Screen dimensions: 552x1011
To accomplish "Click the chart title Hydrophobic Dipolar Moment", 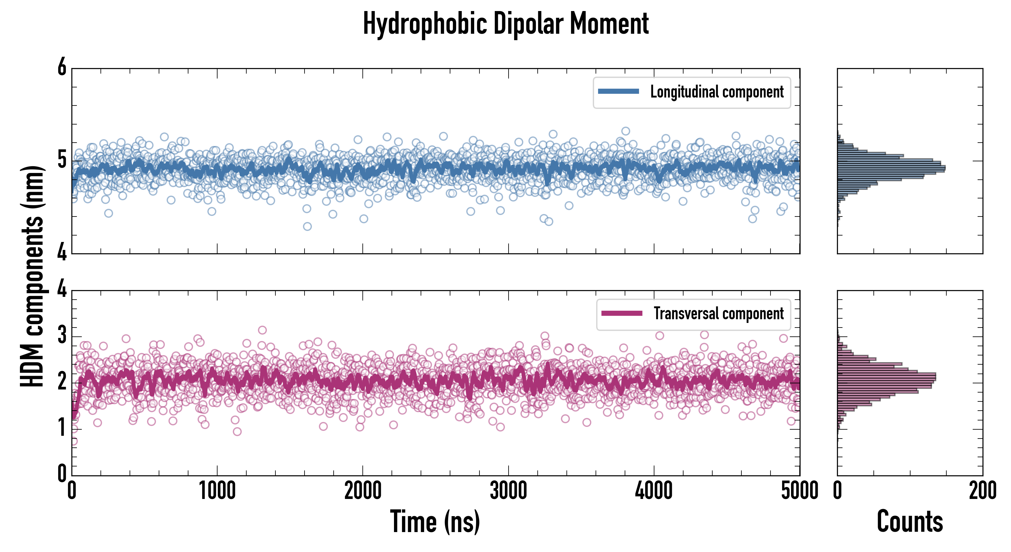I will [x=505, y=24].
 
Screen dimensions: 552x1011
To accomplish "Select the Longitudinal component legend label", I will [x=717, y=92].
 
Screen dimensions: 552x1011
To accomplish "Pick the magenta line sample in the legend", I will [x=621, y=313].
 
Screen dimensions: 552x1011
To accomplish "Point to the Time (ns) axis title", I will [x=435, y=521].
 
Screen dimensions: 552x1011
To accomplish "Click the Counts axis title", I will [x=910, y=521].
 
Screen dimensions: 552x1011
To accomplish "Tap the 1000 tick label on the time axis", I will [x=217, y=491].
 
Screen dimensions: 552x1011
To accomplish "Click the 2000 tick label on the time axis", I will [x=363, y=491].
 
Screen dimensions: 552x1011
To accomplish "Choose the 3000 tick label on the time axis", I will [x=508, y=491].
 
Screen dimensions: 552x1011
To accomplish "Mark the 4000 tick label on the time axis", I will [x=654, y=491].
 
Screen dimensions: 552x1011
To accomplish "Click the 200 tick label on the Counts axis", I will [x=982, y=491].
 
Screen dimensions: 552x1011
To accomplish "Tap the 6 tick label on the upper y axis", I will [x=62, y=67].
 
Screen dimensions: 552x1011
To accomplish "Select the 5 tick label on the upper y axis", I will [x=62, y=160].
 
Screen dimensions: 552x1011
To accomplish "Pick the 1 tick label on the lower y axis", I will [x=62, y=428].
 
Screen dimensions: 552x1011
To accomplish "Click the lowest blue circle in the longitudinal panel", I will [x=307, y=226].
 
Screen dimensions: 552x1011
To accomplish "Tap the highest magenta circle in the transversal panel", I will [x=262, y=330].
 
